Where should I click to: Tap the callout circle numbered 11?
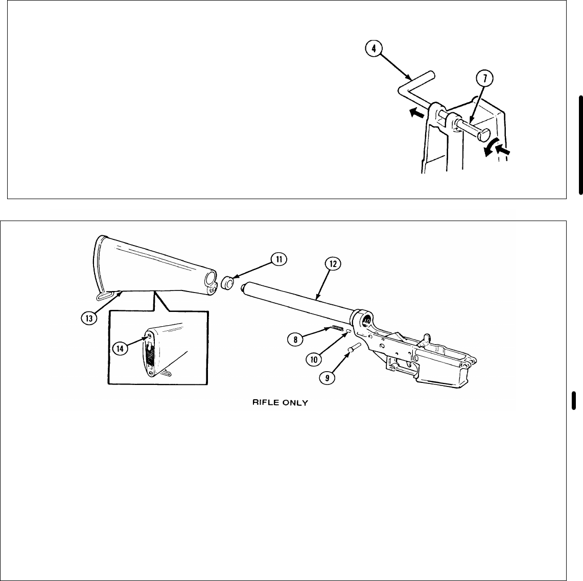click(x=279, y=259)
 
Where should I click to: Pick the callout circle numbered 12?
click(x=333, y=263)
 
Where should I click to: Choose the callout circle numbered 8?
click(x=295, y=338)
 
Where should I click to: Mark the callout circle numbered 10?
click(x=314, y=359)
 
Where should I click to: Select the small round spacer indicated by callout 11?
click(x=228, y=283)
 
